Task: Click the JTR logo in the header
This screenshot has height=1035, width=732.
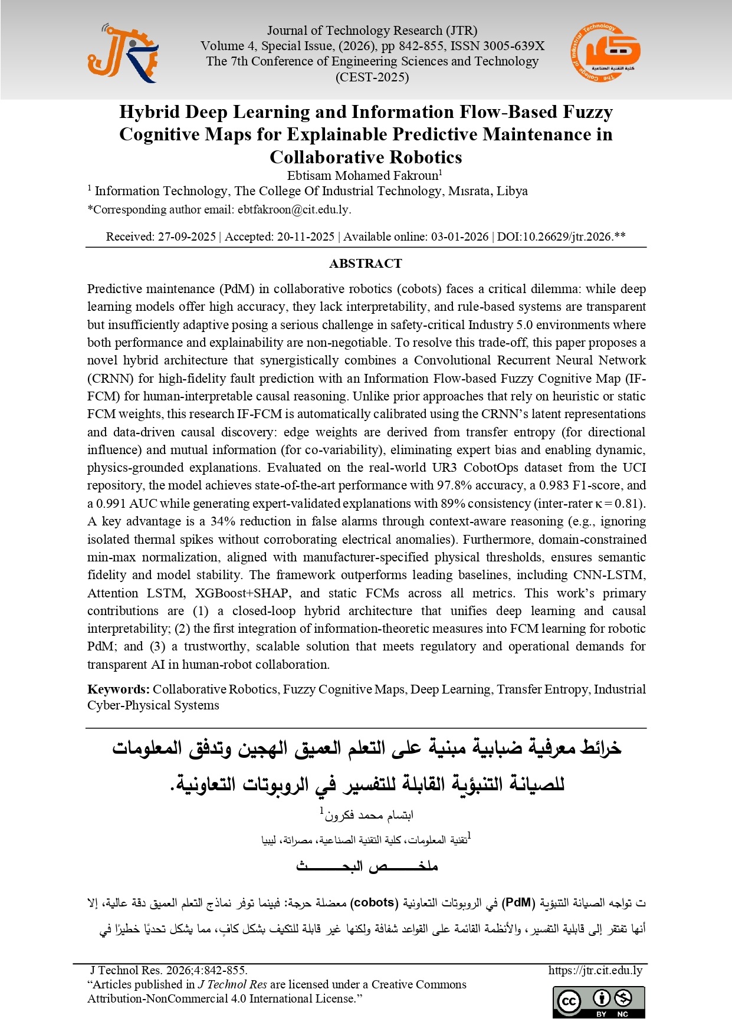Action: tap(123, 54)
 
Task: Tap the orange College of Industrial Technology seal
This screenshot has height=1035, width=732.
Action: tap(605, 53)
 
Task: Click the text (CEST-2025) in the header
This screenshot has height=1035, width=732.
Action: tap(372, 77)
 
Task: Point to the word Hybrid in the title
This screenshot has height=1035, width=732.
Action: tap(149, 112)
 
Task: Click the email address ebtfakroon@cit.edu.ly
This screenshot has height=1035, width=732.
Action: tap(293, 209)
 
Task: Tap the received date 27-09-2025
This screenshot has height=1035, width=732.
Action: tap(186, 236)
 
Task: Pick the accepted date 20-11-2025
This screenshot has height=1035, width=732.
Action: tap(306, 236)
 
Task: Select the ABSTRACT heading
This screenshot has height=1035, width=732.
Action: tap(366, 264)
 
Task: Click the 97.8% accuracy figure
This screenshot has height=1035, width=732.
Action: tap(452, 485)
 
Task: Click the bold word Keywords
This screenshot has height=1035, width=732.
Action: tap(118, 689)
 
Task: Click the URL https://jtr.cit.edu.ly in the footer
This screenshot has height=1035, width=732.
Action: tap(595, 970)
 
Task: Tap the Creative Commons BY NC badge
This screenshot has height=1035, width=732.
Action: tap(599, 1002)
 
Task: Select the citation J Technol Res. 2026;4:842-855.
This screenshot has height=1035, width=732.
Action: tap(169, 970)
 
